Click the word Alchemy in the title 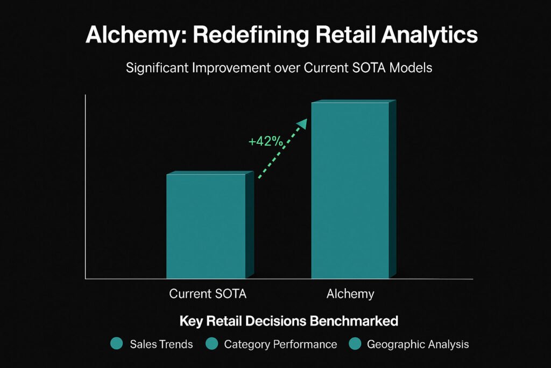pos(136,36)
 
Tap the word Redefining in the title pos(251,36)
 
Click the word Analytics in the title pos(429,36)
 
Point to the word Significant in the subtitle pos(157,68)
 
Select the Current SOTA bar pos(210,225)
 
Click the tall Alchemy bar pos(354,189)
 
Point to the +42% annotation pos(266,141)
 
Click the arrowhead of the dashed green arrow pos(302,123)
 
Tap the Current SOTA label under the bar pos(208,294)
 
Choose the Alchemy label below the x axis pos(350,294)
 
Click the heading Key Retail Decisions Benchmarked pos(289,321)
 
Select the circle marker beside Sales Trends pos(117,343)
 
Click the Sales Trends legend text pos(161,344)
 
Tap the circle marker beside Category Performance pos(211,343)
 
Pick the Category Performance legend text pos(280,344)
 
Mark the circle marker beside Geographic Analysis pos(355,343)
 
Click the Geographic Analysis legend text pos(418,344)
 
